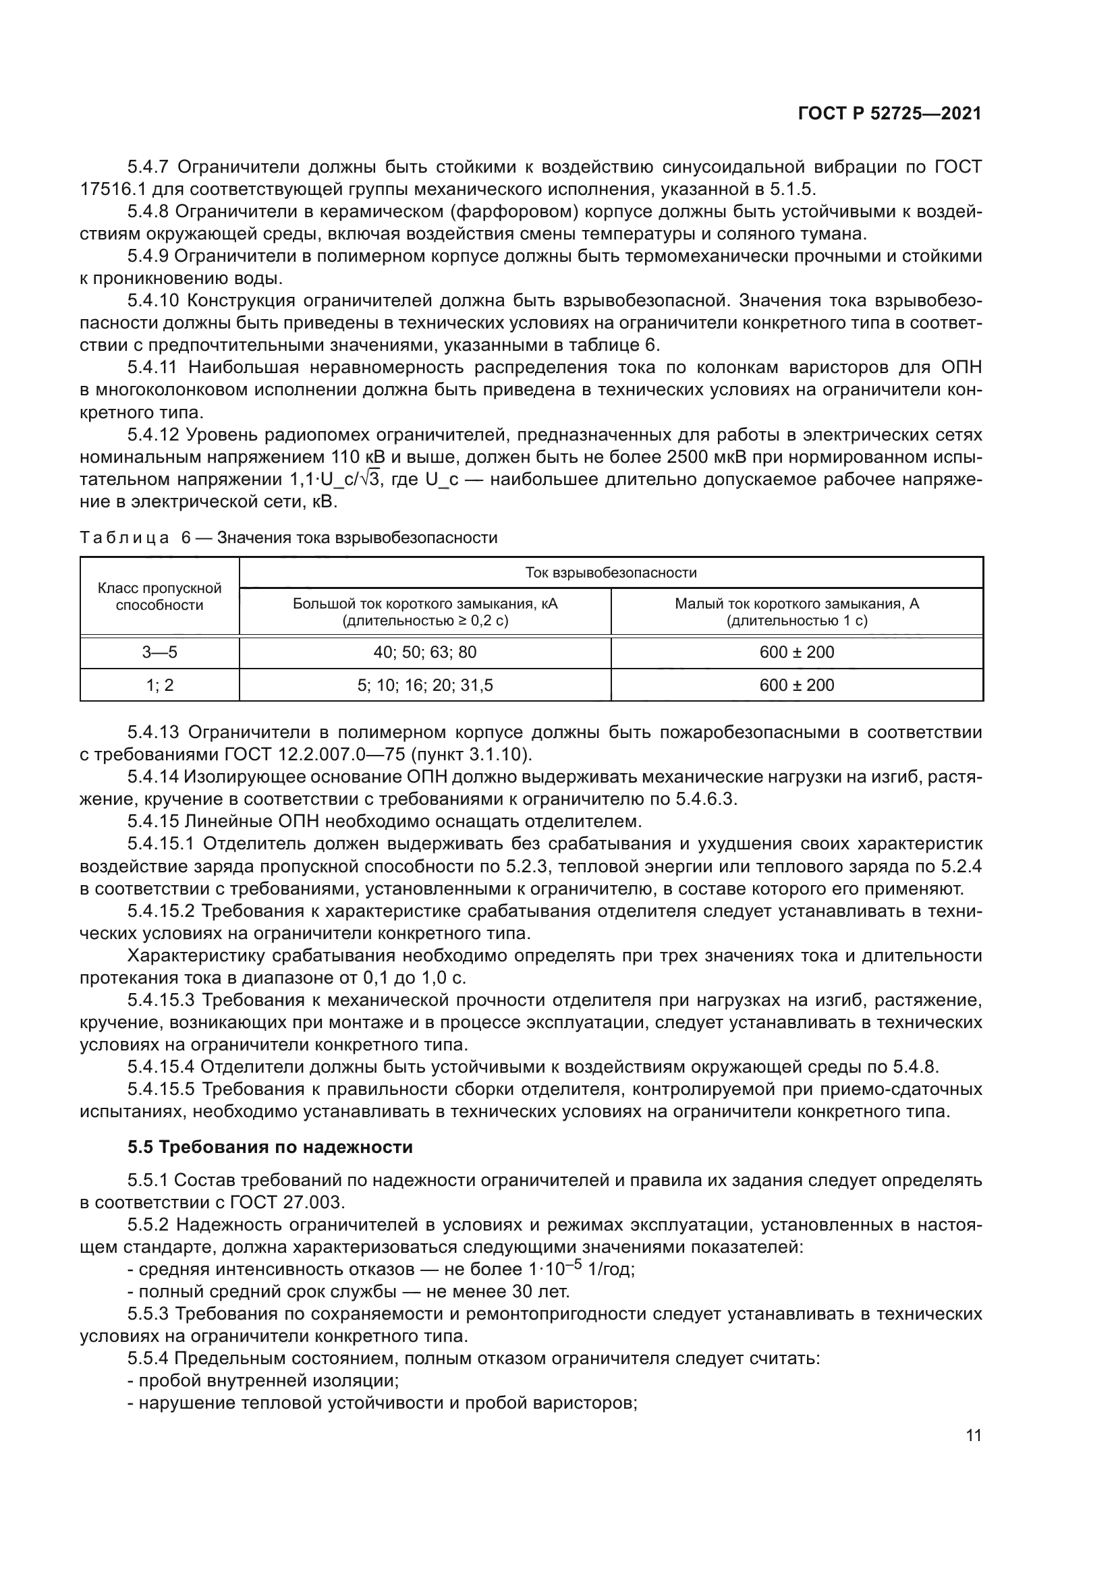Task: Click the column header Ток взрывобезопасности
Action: (610, 573)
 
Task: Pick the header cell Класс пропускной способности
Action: (159, 596)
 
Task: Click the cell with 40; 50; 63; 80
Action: (424, 652)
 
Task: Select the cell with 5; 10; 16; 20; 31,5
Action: (424, 685)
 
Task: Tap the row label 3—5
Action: (159, 652)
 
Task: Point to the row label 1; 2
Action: (159, 685)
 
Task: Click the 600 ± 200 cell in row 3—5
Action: (796, 652)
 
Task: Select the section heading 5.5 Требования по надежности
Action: (270, 1147)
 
